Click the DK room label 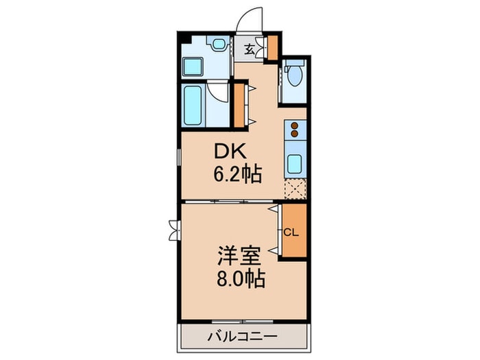230,152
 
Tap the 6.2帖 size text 237,174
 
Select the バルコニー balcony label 243,337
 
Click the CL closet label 291,232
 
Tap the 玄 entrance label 250,49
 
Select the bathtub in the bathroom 193,105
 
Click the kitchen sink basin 294,164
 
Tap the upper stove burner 294,125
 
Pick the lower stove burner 294,134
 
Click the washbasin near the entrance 219,43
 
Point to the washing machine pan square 193,67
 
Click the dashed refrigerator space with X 295,189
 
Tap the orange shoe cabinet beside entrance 272,48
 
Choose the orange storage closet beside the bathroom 239,105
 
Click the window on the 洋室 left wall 174,230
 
